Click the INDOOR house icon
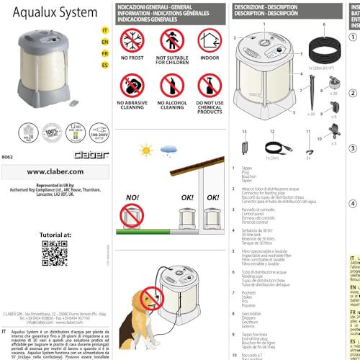tap(209, 42)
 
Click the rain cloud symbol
tap(170, 149)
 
